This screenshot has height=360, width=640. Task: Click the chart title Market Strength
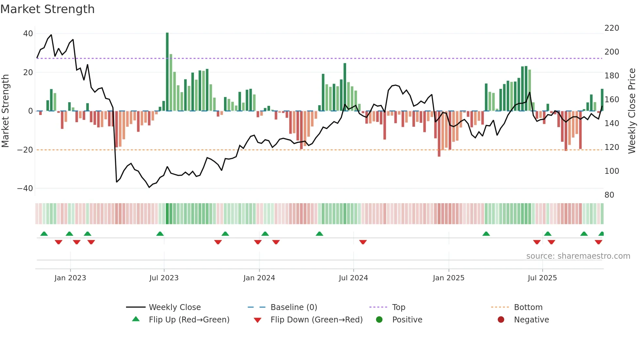(x=47, y=9)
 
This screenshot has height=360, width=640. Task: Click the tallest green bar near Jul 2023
(x=167, y=72)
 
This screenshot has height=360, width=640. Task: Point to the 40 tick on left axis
(x=28, y=34)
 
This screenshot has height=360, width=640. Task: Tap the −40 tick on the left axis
(x=25, y=188)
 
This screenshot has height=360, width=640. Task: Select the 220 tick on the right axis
(x=612, y=28)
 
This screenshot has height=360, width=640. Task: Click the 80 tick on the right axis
(x=609, y=195)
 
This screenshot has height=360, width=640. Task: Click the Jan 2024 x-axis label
(x=259, y=278)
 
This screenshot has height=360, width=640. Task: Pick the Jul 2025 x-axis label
(x=542, y=278)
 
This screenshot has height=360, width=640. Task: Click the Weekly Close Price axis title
(x=632, y=111)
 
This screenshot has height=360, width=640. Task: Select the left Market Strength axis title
(x=6, y=111)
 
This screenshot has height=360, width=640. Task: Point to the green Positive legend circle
(x=379, y=320)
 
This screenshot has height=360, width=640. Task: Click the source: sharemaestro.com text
(x=578, y=256)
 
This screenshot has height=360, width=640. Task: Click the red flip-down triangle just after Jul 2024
(x=363, y=242)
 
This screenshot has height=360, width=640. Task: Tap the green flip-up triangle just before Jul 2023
(x=160, y=234)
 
